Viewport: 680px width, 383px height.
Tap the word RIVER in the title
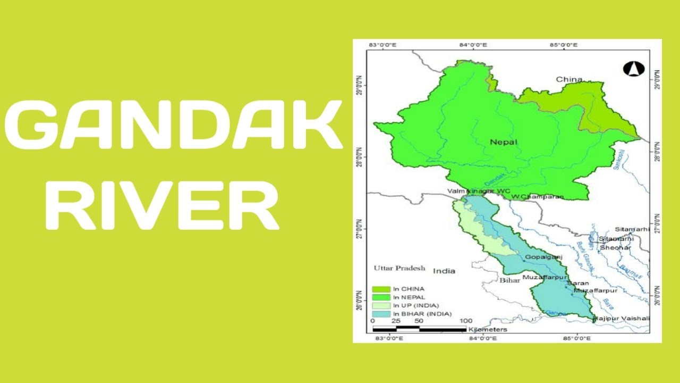(162, 205)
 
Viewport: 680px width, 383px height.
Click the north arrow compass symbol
(633, 69)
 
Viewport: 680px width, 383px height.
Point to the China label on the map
(569, 80)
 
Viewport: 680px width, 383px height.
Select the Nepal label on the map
(504, 142)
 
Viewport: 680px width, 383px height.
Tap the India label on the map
(444, 271)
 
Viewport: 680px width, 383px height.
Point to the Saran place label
(578, 284)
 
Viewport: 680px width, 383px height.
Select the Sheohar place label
(615, 247)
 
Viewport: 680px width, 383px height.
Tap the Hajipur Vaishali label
(621, 318)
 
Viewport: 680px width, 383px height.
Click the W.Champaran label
(537, 197)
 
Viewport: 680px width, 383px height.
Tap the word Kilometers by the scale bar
(488, 329)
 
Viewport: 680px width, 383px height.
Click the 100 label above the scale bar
(465, 321)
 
